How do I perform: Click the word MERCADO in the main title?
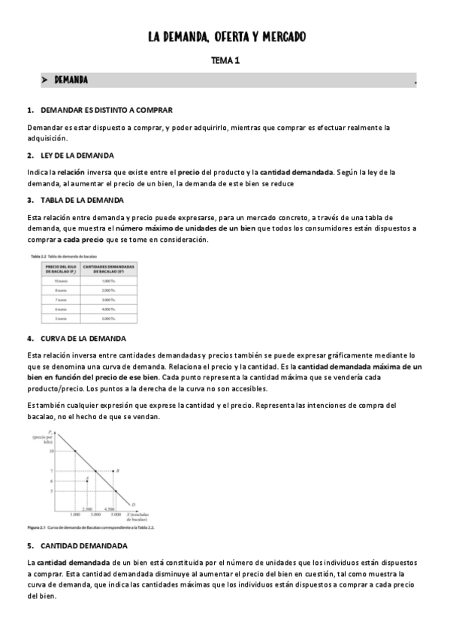click(x=280, y=37)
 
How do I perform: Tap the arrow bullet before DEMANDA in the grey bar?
click(x=45, y=80)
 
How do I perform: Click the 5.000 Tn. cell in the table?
click(x=110, y=318)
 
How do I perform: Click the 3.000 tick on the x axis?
click(x=95, y=514)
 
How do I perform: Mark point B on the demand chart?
click(x=118, y=471)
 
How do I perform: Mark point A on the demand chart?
click(x=87, y=479)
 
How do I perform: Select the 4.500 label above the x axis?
click(x=109, y=509)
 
